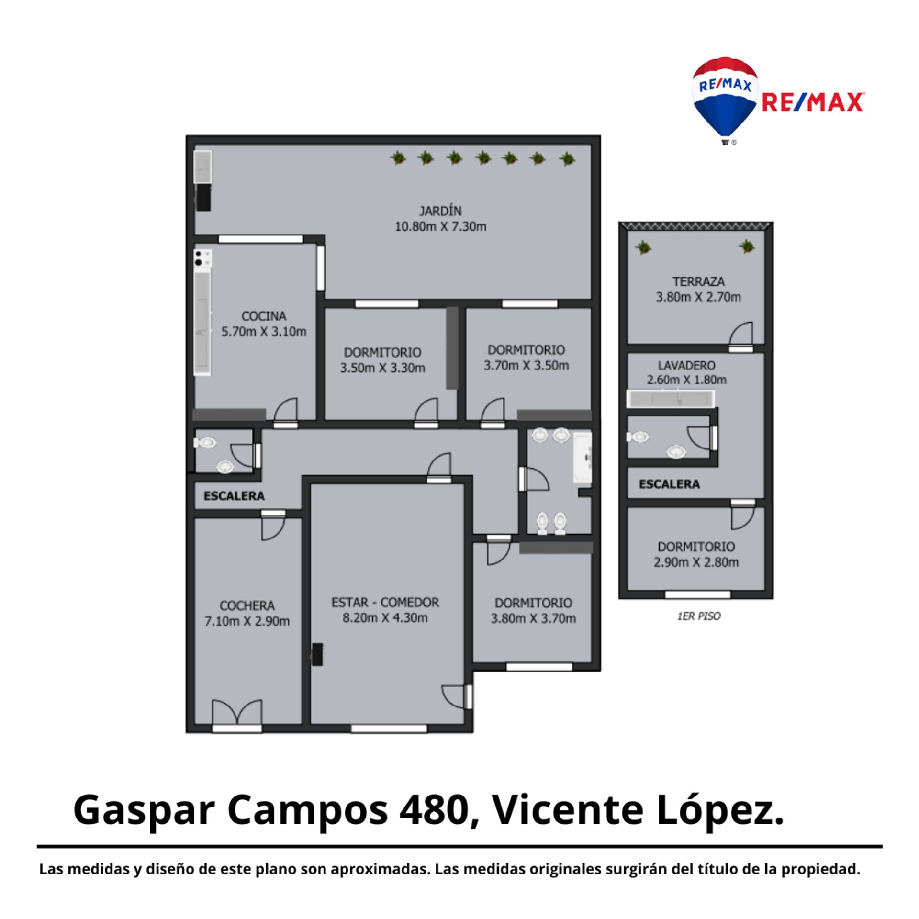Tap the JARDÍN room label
click(x=440, y=211)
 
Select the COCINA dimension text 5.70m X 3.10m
click(x=264, y=332)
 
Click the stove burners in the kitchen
click(x=202, y=258)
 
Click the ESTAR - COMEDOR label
click(x=385, y=602)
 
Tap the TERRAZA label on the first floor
click(x=698, y=281)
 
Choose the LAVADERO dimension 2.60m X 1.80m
click(x=686, y=380)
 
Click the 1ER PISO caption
click(x=698, y=616)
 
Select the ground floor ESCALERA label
click(x=234, y=496)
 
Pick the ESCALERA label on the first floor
click(x=669, y=484)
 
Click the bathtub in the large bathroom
click(x=583, y=457)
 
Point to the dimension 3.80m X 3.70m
click(x=533, y=618)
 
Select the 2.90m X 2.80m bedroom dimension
click(x=696, y=562)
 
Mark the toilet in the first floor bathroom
click(x=638, y=437)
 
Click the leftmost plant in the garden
click(x=397, y=157)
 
